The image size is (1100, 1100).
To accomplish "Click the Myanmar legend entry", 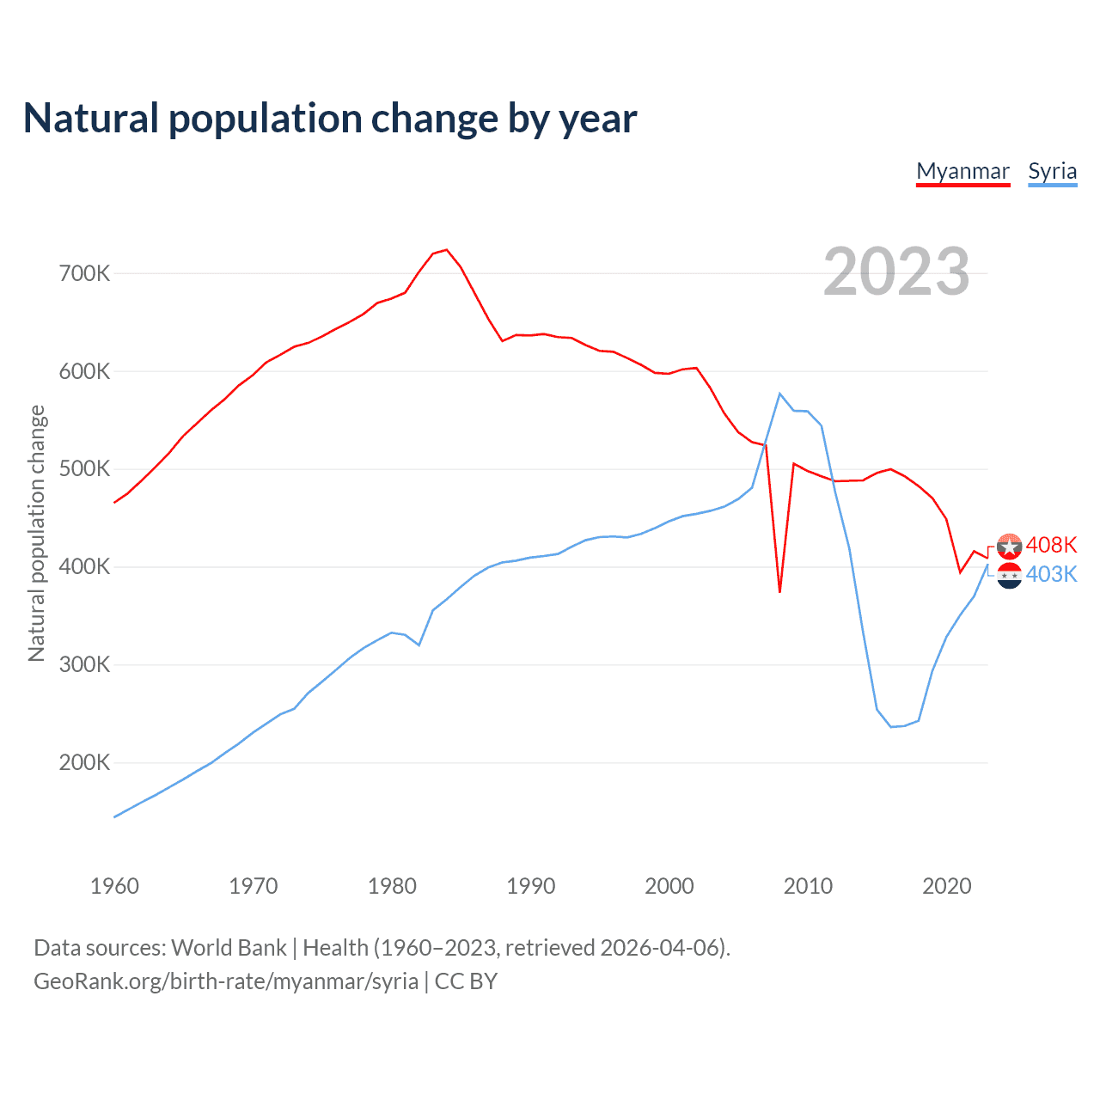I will (x=962, y=171).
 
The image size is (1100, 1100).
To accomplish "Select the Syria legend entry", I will (x=1052, y=171).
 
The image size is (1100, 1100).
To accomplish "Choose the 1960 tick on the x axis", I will (x=114, y=886).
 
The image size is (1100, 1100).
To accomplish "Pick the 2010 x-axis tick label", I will (x=808, y=886).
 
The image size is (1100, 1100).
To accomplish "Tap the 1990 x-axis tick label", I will (x=530, y=886).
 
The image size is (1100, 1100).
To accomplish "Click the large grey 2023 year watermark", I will (x=896, y=272).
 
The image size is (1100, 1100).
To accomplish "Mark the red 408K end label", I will (x=1051, y=545).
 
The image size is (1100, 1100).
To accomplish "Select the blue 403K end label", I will (x=1051, y=574).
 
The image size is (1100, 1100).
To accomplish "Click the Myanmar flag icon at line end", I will (x=1009, y=546).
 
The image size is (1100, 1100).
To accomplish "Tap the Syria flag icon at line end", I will (x=1009, y=575).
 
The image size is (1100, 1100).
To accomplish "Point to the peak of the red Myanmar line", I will (x=446, y=250).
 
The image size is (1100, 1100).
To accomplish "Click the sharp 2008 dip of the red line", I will (x=779, y=591).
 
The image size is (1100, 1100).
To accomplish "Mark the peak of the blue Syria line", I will (x=779, y=394).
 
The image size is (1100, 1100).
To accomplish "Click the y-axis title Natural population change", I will (x=37, y=533).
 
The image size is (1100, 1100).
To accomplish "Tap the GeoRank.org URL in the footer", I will (x=226, y=981).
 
